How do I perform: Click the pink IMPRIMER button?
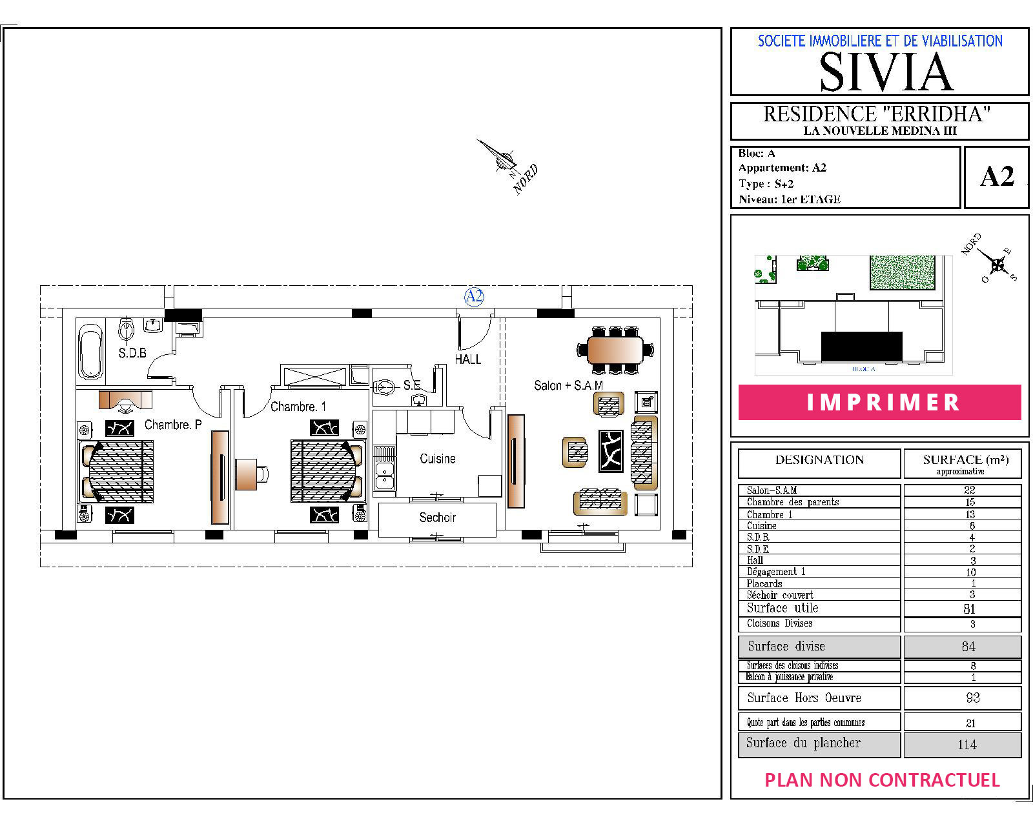tap(879, 402)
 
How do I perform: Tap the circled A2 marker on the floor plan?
tap(474, 296)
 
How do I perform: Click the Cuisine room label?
tap(437, 459)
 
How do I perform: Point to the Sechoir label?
tap(437, 518)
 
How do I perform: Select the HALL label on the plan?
tap(467, 359)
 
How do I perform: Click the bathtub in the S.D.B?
tap(90, 351)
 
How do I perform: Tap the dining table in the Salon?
tap(615, 350)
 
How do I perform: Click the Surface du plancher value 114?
tap(967, 745)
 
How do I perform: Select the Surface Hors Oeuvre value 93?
tap(972, 698)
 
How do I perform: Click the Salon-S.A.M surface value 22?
tap(969, 490)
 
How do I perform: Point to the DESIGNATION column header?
tap(819, 460)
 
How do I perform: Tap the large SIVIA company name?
tap(886, 72)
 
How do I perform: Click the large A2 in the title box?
tap(997, 177)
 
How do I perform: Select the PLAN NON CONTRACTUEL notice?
tap(883, 780)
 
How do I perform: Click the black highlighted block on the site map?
tap(862, 346)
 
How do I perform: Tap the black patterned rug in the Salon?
tap(611, 450)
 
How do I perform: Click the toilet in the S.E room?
tap(384, 387)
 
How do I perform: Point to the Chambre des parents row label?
tap(793, 502)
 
